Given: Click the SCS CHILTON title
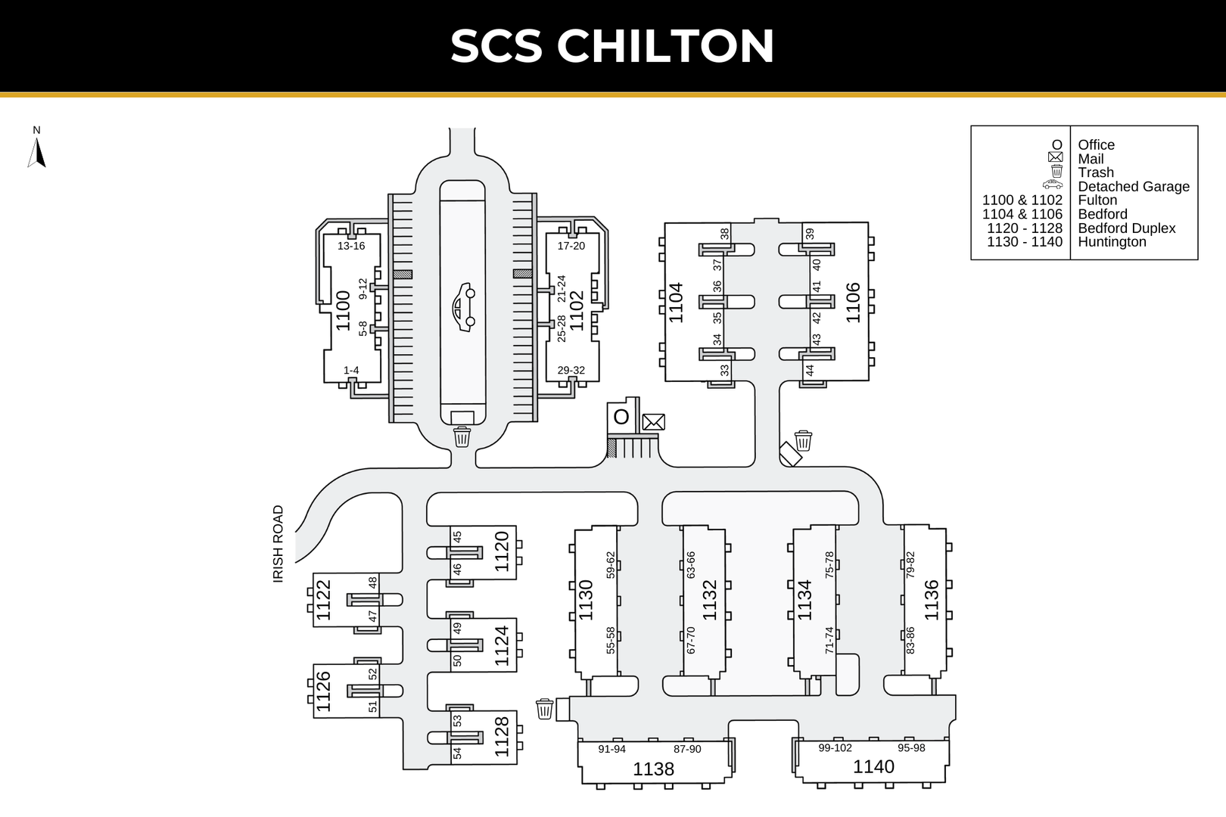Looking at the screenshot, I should (x=612, y=46).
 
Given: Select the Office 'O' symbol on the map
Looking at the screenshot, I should (x=621, y=417).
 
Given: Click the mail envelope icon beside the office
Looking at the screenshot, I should (x=653, y=422).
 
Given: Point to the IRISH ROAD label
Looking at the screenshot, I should (x=278, y=543).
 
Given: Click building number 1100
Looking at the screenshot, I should (x=344, y=310).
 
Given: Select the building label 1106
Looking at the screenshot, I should (x=853, y=303).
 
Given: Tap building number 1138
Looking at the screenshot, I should (x=653, y=769).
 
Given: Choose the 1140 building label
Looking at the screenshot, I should (x=873, y=767).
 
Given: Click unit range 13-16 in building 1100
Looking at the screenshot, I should (x=351, y=246).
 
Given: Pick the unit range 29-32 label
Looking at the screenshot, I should (x=571, y=371).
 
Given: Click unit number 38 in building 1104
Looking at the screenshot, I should (x=724, y=234).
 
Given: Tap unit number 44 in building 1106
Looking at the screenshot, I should (x=810, y=370).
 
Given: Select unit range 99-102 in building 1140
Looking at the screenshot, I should (x=835, y=748).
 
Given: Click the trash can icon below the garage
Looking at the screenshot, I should (x=462, y=436).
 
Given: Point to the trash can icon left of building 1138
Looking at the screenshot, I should (x=544, y=709).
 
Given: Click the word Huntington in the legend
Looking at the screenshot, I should (x=1112, y=242).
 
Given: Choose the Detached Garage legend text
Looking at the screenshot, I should (x=1133, y=187).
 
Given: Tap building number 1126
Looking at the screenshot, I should (x=323, y=691).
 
